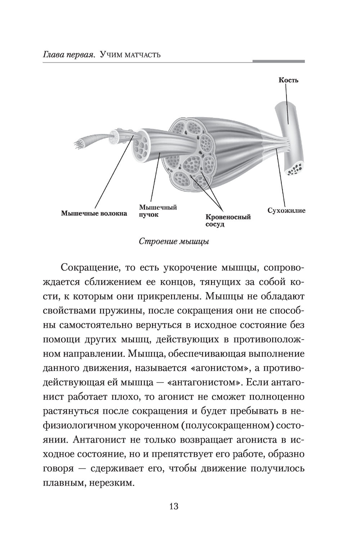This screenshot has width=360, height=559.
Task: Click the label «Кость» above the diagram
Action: coord(288,80)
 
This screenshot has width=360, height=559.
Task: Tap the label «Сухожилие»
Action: coord(286,210)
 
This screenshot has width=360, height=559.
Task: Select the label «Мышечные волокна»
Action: coord(94,213)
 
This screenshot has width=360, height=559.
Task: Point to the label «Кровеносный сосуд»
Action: coord(228,220)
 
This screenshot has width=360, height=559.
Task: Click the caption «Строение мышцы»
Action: coord(174,241)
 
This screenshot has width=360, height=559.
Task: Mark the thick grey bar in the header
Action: coord(278,62)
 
